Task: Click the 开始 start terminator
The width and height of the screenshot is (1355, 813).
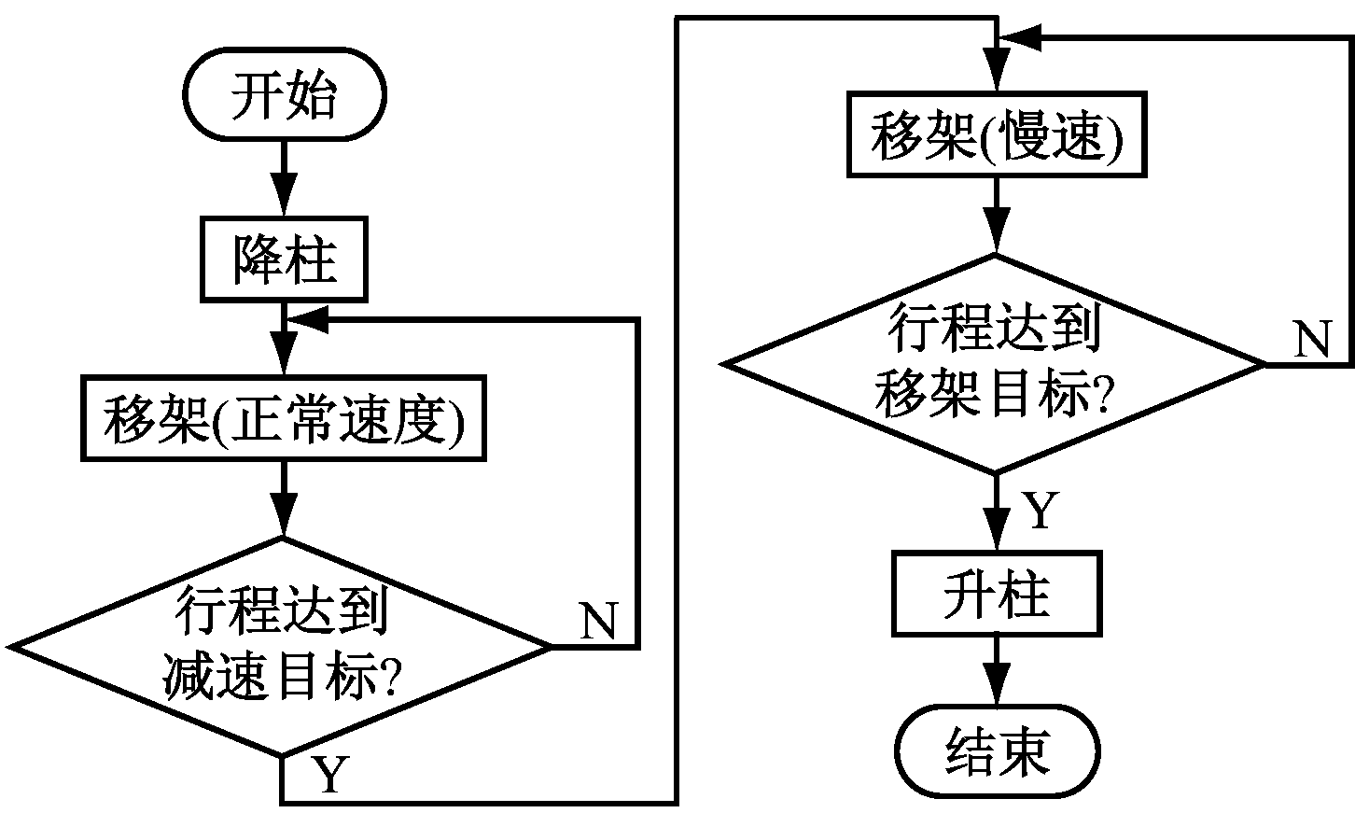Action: pyautogui.click(x=283, y=97)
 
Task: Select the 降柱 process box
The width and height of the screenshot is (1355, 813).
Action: pyautogui.click(x=283, y=260)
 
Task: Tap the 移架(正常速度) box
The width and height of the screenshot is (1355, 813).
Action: pyautogui.click(x=283, y=418)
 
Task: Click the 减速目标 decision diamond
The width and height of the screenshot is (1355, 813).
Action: pyautogui.click(x=283, y=646)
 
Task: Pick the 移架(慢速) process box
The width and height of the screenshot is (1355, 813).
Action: pyautogui.click(x=996, y=134)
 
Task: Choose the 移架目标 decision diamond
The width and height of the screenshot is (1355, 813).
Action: pyautogui.click(x=996, y=363)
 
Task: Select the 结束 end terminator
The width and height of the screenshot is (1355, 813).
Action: pyautogui.click(x=996, y=750)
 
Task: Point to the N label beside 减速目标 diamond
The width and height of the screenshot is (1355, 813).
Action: pyautogui.click(x=598, y=620)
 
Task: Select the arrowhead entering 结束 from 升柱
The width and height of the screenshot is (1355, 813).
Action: pyautogui.click(x=996, y=695)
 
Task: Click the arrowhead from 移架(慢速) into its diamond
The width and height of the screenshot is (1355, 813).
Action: pyautogui.click(x=996, y=239)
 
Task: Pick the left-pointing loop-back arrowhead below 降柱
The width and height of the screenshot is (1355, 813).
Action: pyautogui.click(x=303, y=319)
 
